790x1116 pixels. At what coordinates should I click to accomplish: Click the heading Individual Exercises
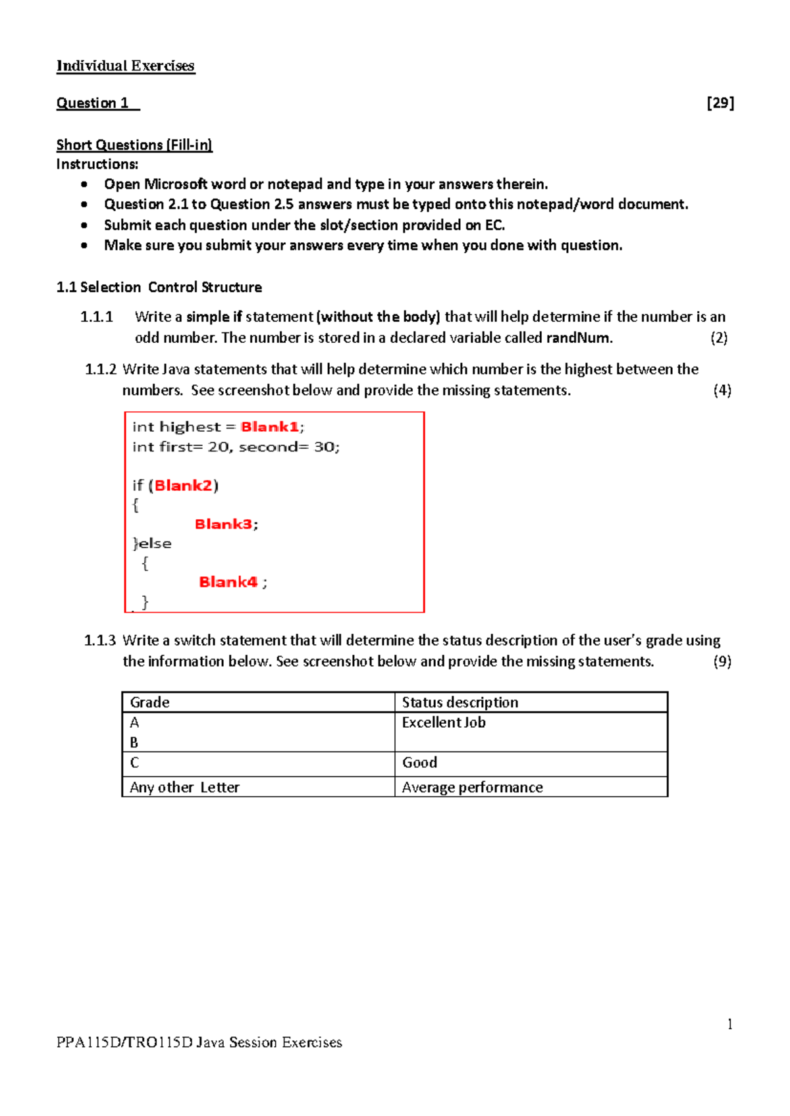(125, 66)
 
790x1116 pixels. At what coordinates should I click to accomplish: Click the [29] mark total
(720, 103)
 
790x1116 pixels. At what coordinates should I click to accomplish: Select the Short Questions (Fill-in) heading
(134, 145)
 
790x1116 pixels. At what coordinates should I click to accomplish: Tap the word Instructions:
(97, 165)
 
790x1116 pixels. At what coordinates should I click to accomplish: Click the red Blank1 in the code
(270, 427)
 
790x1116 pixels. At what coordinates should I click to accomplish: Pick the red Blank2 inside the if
(183, 486)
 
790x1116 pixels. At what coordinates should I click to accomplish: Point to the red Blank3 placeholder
(223, 524)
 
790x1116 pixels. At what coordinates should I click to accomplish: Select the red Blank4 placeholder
(228, 582)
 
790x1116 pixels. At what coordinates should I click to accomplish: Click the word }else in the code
(152, 544)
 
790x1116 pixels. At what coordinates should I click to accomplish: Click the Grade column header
(149, 702)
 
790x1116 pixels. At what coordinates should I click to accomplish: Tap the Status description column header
(460, 702)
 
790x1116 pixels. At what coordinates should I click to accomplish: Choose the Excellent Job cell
(443, 723)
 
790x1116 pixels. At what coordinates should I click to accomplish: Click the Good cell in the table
(419, 763)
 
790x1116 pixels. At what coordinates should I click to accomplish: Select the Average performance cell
(472, 788)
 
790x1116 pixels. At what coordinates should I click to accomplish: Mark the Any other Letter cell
(184, 788)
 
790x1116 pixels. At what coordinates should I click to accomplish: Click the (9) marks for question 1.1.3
(722, 661)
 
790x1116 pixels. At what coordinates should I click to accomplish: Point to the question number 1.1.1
(97, 317)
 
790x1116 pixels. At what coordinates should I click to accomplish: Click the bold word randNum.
(578, 338)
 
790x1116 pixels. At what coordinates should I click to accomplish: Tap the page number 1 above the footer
(729, 1025)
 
